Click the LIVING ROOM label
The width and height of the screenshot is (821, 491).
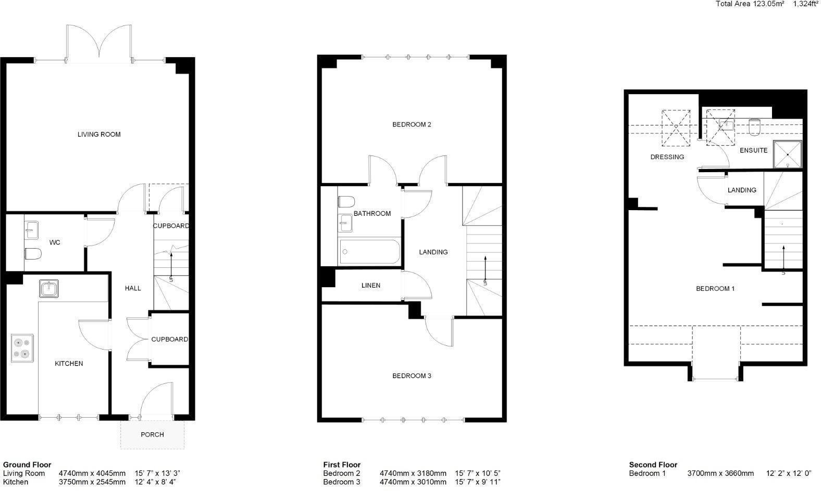[99, 134]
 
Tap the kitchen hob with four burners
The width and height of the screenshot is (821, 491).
[22, 348]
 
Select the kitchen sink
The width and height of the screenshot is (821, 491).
[49, 289]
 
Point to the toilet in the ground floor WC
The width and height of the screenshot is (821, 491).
[33, 253]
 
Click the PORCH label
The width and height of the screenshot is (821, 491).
[152, 435]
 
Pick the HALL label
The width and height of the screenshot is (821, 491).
[133, 288]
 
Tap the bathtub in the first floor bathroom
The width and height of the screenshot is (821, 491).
[369, 251]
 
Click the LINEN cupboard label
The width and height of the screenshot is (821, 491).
[370, 286]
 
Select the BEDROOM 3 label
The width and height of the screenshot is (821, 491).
[412, 376]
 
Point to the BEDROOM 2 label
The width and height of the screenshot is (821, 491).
[412, 124]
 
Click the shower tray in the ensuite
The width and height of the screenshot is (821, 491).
[787, 154]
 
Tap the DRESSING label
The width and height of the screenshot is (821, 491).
[667, 157]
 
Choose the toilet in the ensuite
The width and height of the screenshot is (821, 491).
[754, 127]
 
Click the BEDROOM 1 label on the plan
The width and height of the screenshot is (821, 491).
[715, 289]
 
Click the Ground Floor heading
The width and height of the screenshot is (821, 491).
[27, 465]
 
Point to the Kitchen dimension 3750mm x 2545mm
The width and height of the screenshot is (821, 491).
[92, 482]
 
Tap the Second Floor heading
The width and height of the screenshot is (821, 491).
[653, 465]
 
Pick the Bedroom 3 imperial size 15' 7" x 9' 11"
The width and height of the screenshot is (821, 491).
[478, 482]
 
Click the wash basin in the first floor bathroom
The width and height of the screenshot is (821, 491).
[345, 223]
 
